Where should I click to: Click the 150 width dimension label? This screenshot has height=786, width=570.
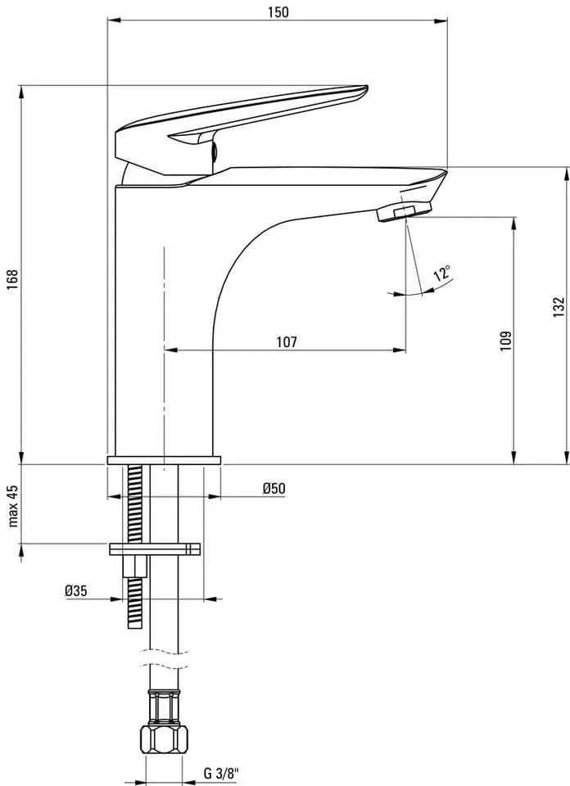[x=278, y=11]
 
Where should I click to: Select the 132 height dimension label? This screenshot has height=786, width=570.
[x=559, y=307]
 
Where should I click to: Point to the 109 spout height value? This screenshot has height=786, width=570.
[x=506, y=341]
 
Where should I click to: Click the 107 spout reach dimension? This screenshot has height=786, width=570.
[x=287, y=342]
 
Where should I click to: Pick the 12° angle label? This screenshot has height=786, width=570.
[x=443, y=273]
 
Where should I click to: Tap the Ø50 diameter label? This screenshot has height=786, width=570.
[x=274, y=488]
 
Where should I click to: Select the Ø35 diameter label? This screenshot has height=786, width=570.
[x=75, y=590]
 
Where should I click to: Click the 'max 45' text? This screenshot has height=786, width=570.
[x=13, y=505]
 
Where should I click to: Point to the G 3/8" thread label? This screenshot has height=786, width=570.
[x=221, y=773]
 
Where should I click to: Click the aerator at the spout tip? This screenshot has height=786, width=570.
[x=404, y=211]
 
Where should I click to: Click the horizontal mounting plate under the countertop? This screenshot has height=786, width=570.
[x=155, y=549]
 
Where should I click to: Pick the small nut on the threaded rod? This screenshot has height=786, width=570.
[x=135, y=567]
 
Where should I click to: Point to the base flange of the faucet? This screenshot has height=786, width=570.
[x=164, y=460]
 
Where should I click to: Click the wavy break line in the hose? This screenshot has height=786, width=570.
[x=165, y=660]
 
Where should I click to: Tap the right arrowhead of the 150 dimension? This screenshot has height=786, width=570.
[x=441, y=20]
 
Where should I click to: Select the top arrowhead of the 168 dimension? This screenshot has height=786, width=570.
[x=21, y=92]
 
